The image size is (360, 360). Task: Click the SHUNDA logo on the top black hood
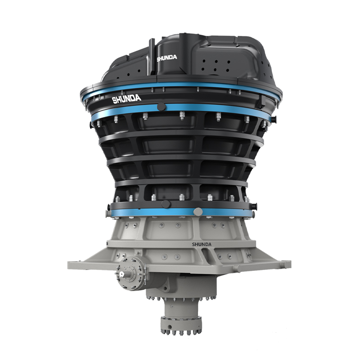point(167,58)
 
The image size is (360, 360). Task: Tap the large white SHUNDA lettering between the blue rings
point(126,99)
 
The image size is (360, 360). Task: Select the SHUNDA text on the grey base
point(202,244)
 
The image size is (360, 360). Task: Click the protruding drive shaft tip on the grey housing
point(121,274)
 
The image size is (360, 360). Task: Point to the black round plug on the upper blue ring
point(162,107)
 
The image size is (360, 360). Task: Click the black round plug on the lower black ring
point(166,204)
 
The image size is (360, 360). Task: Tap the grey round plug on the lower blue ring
point(198,211)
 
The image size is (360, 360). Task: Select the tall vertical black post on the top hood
point(152,57)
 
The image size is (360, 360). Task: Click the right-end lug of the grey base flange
point(287,264)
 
